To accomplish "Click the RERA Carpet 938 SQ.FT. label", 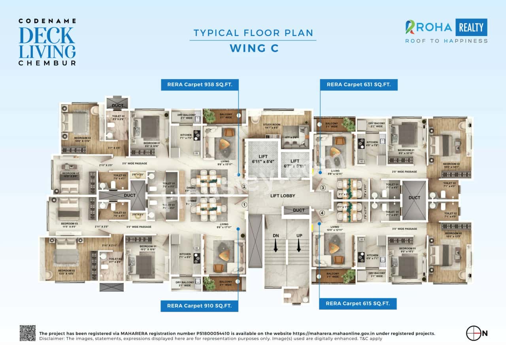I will tap(200, 84).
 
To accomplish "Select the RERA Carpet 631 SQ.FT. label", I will tap(359, 84).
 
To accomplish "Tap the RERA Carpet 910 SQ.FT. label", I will tap(200, 305).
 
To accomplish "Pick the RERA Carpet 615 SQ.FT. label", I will tap(358, 303).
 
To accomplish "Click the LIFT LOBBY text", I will tap(283, 196).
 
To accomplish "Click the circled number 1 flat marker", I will tap(244, 205).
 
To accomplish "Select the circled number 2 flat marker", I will tap(244, 187).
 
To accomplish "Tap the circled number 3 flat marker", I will tap(323, 188).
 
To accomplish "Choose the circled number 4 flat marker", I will tap(322, 213).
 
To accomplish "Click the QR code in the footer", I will tap(28, 333).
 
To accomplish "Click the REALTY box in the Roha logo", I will tap(471, 27).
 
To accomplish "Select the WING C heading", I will tap(254, 48).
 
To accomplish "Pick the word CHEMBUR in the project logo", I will tap(47, 63).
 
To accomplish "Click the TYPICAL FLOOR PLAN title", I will tap(253, 33).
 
